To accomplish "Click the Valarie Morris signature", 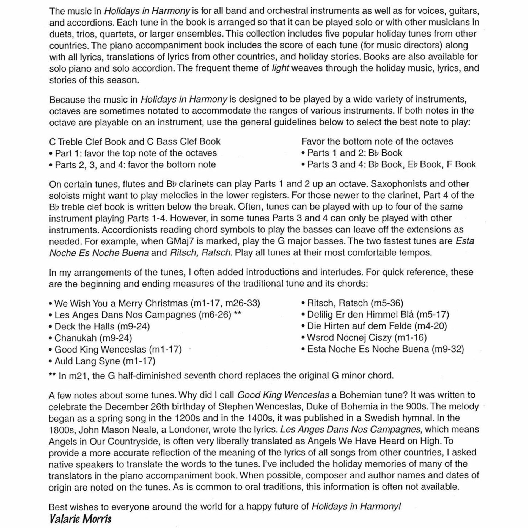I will pyautogui.click(x=80, y=519).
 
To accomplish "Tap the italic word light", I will pyautogui.click(x=280, y=68).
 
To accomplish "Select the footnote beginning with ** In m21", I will pyautogui.click(x=221, y=376).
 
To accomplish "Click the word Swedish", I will pyautogui.click(x=382, y=418).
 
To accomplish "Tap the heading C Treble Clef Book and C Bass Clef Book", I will pyautogui.click(x=135, y=142).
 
